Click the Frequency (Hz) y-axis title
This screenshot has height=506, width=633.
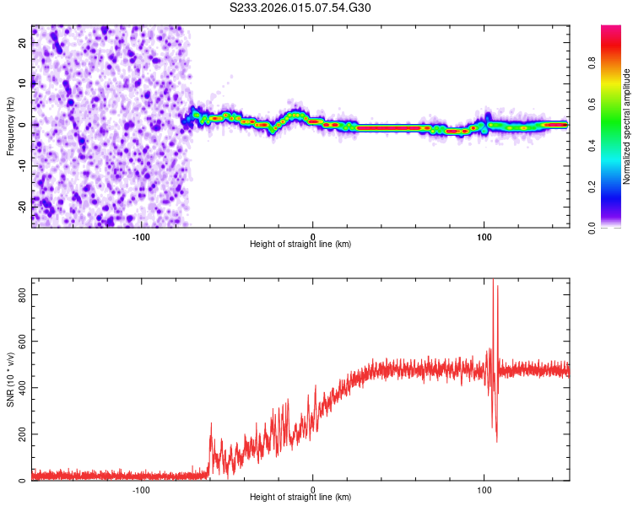pyautogui.click(x=10, y=126)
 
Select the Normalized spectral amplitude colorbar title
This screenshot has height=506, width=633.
pyautogui.click(x=626, y=126)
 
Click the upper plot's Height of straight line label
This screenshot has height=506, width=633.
pyautogui.click(x=300, y=244)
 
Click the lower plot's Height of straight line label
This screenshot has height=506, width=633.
pyautogui.click(x=300, y=497)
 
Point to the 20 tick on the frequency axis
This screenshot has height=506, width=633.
pyautogui.click(x=23, y=44)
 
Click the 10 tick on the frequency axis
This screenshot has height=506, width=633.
pyautogui.click(x=23, y=84)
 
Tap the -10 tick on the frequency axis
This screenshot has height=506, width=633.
pyautogui.click(x=21, y=165)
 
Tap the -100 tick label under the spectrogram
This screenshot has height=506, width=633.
pyautogui.click(x=141, y=236)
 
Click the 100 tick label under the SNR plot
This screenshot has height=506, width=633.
pyautogui.click(x=484, y=490)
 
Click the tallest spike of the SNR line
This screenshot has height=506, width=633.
pyautogui.click(x=493, y=281)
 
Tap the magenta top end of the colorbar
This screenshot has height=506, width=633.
pyautogui.click(x=610, y=30)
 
